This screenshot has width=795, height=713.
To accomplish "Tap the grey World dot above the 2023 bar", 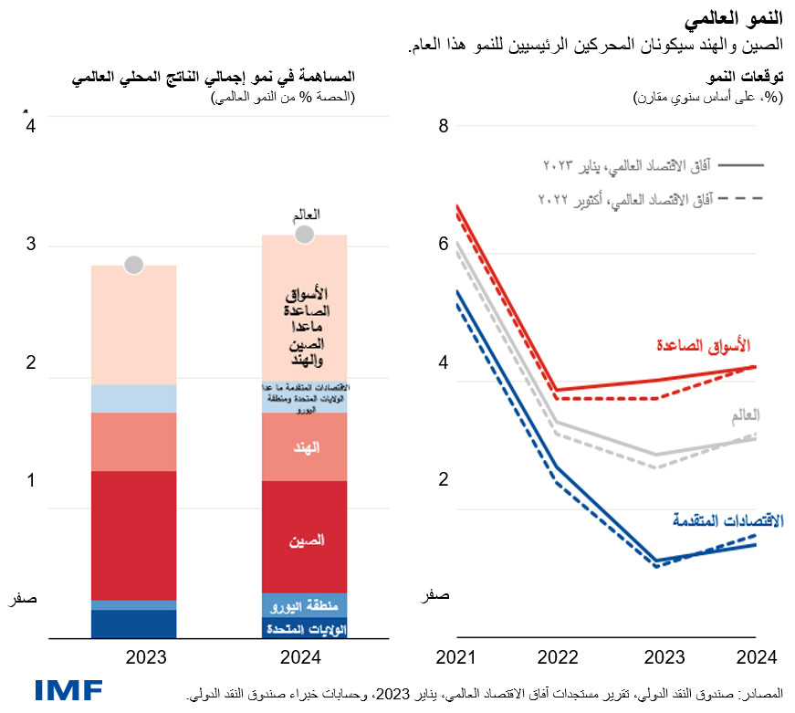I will pyautogui.click(x=133, y=265).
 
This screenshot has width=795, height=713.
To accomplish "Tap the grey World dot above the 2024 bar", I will pyautogui.click(x=305, y=235).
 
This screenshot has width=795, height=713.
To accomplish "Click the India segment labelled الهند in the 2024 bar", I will pyautogui.click(x=305, y=447).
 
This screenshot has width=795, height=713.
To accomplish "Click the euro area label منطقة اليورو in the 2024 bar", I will pyautogui.click(x=305, y=605).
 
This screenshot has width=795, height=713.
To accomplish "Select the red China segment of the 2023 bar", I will pyautogui.click(x=133, y=535).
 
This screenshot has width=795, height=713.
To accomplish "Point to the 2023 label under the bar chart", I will pyautogui.click(x=133, y=656).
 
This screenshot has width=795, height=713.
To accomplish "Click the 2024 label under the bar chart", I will pyautogui.click(x=305, y=656).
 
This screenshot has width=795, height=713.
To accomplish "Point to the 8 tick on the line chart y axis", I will pyautogui.click(x=444, y=127).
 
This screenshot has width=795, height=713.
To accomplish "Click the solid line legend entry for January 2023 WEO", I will pyautogui.click(x=647, y=165).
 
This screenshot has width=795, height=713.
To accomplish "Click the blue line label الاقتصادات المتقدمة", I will pyautogui.click(x=727, y=521).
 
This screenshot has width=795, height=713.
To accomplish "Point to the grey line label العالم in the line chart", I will pyautogui.click(x=744, y=415).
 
